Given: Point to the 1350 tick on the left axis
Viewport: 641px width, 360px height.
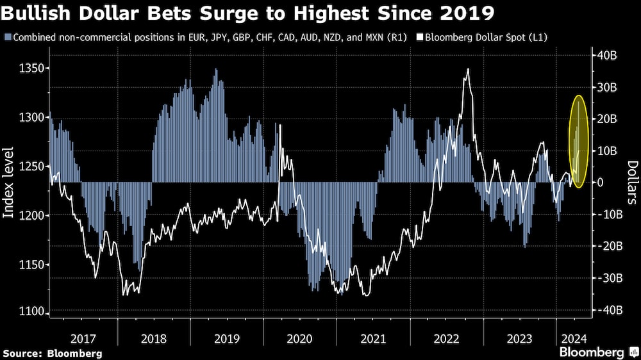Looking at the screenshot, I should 29,69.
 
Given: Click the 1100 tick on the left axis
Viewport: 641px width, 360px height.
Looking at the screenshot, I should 29,313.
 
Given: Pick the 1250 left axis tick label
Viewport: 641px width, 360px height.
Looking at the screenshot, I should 29,167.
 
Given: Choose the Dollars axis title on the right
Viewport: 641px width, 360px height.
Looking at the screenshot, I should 631,183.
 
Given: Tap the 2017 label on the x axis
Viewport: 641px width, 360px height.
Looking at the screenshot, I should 83,338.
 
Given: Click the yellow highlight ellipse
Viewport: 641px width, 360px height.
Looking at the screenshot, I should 579,142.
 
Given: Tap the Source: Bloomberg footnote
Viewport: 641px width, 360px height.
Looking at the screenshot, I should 52,353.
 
